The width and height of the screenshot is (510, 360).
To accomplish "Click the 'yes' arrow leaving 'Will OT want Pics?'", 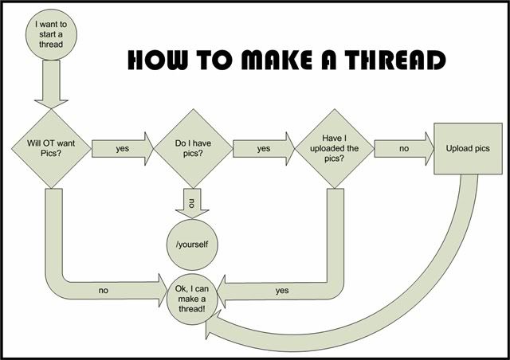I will (122, 148).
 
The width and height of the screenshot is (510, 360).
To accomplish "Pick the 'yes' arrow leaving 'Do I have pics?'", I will (262, 148).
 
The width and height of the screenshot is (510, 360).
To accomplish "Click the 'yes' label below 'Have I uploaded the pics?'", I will (282, 291).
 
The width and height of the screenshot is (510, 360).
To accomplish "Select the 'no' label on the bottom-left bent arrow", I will (104, 291).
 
